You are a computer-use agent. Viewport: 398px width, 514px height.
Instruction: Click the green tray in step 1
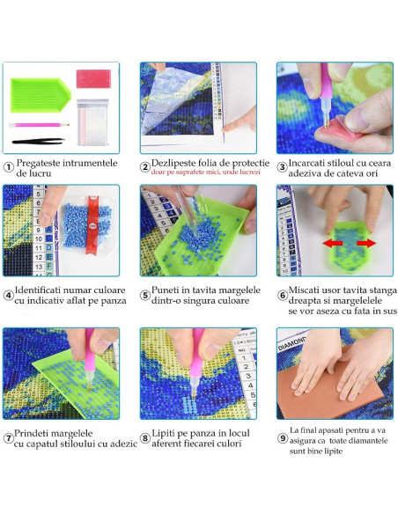(40, 95)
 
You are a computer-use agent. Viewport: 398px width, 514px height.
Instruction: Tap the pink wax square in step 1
(93, 78)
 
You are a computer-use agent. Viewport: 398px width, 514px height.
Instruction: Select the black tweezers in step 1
(39, 142)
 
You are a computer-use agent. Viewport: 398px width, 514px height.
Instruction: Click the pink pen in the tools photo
(39, 125)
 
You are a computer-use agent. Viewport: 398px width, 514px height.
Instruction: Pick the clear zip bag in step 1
(92, 122)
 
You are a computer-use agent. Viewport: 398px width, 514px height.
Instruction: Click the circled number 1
(8, 167)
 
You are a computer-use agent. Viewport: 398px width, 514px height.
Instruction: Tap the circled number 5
(145, 295)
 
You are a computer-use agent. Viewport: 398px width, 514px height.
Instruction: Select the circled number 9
(283, 438)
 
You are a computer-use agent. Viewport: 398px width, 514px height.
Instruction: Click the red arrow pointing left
(333, 243)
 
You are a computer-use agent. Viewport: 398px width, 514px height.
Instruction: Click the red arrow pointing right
(366, 243)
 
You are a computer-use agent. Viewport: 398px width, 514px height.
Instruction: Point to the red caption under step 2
(205, 173)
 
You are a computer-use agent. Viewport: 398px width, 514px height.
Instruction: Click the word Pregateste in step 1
(38, 163)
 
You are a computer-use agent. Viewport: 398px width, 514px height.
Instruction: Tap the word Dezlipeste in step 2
(174, 163)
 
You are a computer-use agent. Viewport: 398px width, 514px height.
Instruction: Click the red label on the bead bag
(92, 224)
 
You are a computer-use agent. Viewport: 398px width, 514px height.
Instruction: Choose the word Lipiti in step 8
(162, 434)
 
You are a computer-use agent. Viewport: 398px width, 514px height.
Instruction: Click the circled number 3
(282, 167)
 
